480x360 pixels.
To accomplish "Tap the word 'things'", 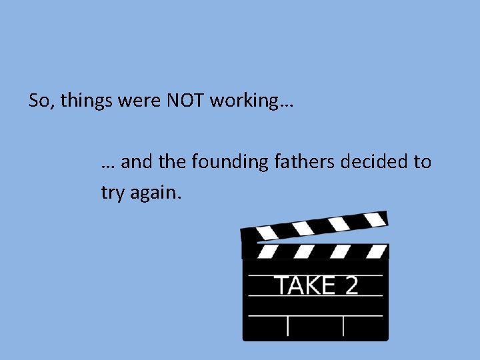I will click(x=82, y=101).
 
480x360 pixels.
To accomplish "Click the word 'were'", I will click(x=135, y=101).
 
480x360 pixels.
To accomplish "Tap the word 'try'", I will click(x=112, y=193).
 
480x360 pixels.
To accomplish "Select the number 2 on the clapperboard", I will click(x=351, y=285).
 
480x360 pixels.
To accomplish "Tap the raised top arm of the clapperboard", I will click(x=314, y=225).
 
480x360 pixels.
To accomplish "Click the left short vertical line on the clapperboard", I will click(x=288, y=325).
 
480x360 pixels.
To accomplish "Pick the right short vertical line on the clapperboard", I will click(x=343, y=325).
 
